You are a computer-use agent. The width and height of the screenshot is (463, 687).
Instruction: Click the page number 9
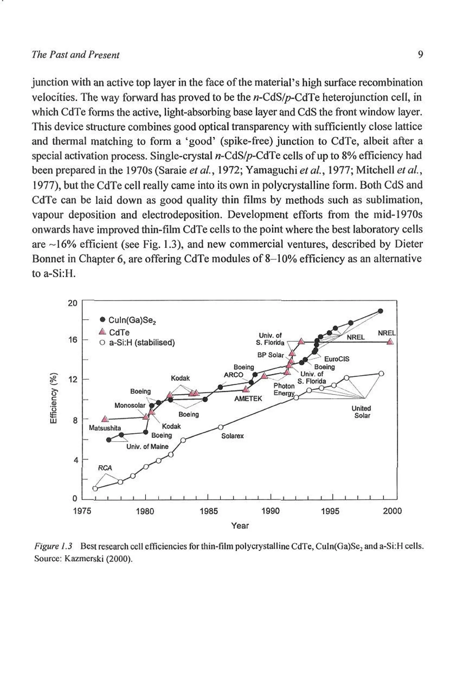420,55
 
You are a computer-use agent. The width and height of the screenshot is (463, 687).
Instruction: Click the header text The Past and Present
76,55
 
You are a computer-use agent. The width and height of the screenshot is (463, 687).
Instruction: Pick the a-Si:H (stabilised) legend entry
138,343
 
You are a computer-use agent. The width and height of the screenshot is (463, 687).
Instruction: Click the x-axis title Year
240,526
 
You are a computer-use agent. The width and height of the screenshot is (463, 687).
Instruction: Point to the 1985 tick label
208,511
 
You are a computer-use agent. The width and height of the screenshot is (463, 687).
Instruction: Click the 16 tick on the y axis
73,340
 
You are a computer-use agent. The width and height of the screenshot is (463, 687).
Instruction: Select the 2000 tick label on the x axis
392,511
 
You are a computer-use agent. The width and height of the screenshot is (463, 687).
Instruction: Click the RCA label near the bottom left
105,468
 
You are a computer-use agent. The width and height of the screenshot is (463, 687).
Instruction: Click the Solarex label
232,436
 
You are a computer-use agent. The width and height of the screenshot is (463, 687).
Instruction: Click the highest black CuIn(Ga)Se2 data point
380,311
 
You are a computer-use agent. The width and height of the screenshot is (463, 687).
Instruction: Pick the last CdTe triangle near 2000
390,342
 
